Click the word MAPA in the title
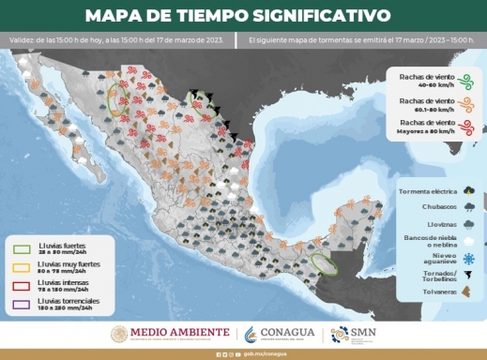(114, 16)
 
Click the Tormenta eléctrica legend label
(419, 190)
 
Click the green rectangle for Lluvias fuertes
(23, 248)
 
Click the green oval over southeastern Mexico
(324, 263)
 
